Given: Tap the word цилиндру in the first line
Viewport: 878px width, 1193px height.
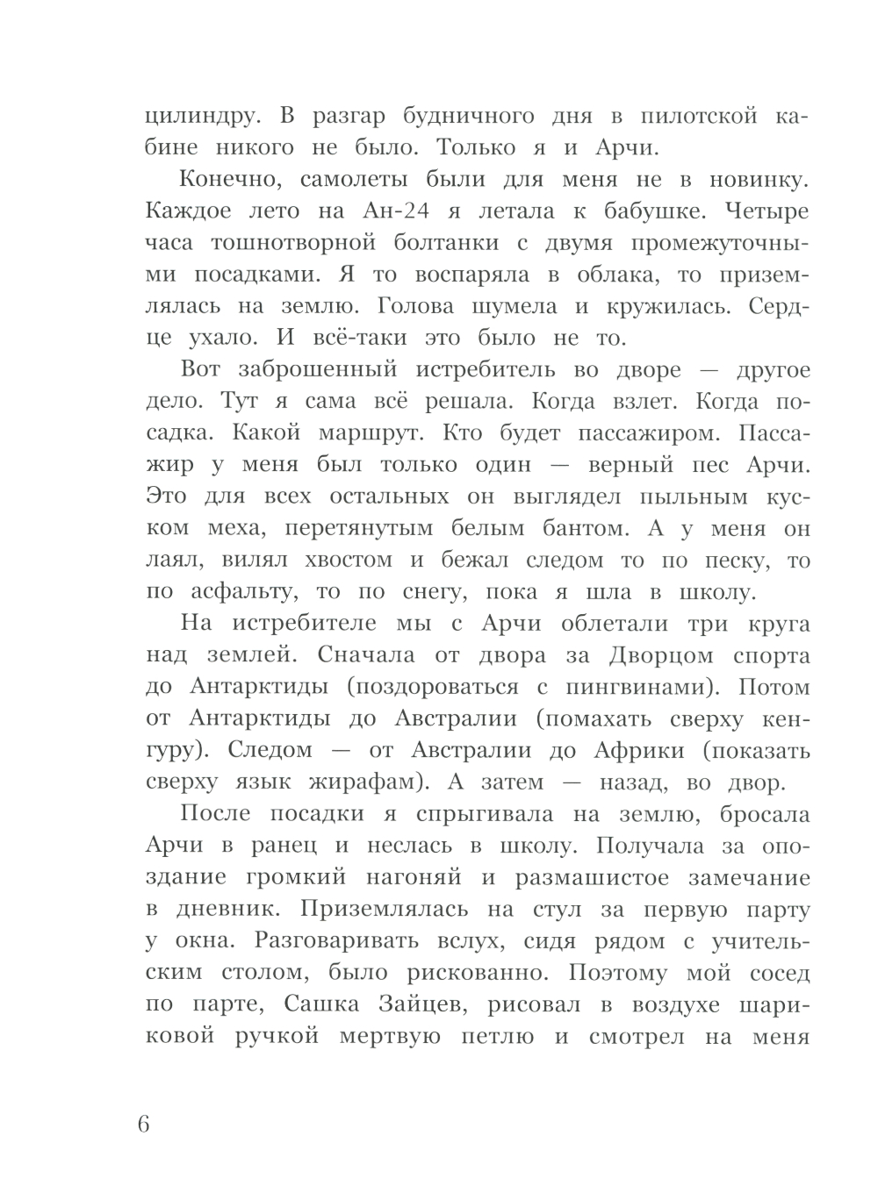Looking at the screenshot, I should [191, 117].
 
